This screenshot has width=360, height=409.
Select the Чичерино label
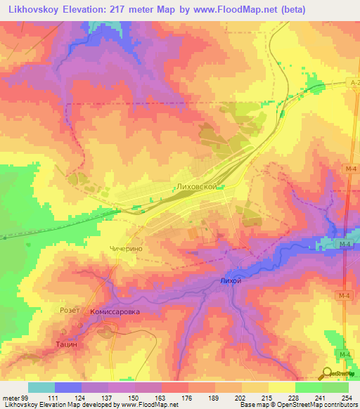click(127, 249)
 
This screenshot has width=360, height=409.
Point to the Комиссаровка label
click(115, 311)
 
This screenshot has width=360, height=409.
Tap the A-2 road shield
click(354, 83)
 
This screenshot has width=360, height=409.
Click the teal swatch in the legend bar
click(41, 387)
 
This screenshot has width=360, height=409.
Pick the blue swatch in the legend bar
click(68, 387)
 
